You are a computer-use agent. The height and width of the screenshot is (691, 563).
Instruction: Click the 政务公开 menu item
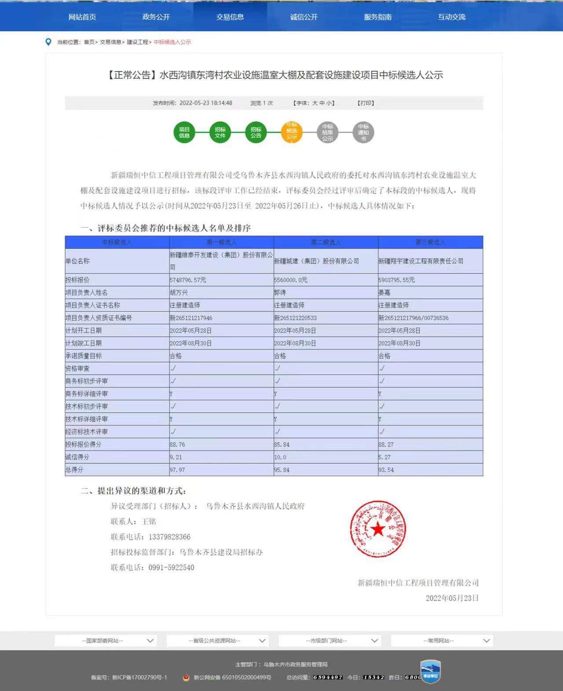156,17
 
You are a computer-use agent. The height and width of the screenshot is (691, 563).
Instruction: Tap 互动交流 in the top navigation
451,17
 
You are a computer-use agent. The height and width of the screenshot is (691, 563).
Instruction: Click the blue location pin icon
48,42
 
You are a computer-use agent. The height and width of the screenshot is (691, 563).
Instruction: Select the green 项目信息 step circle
184,132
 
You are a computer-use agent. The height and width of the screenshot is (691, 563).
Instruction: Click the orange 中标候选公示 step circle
292,131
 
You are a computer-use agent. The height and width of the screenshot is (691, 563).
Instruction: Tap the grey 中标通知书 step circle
363,132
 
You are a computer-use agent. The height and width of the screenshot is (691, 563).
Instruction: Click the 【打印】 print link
366,103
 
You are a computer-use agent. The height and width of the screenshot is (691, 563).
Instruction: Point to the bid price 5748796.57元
188,280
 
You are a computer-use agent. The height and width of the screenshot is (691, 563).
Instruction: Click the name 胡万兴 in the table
179,293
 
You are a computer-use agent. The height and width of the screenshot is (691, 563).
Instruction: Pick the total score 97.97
177,470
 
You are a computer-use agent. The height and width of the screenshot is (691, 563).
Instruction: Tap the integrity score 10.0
280,457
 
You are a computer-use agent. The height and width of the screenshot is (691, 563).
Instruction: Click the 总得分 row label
74,470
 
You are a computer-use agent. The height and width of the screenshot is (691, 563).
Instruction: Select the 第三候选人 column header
430,242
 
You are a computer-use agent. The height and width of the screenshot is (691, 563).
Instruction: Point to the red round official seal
378,529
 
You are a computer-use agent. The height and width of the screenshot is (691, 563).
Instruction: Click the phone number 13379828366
169,537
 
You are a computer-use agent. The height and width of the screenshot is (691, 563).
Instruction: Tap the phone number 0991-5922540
171,568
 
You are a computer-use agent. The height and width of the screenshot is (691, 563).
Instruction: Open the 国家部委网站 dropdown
106,641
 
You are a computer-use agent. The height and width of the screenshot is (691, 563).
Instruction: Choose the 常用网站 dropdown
442,641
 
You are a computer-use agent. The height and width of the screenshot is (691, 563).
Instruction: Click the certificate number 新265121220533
295,318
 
